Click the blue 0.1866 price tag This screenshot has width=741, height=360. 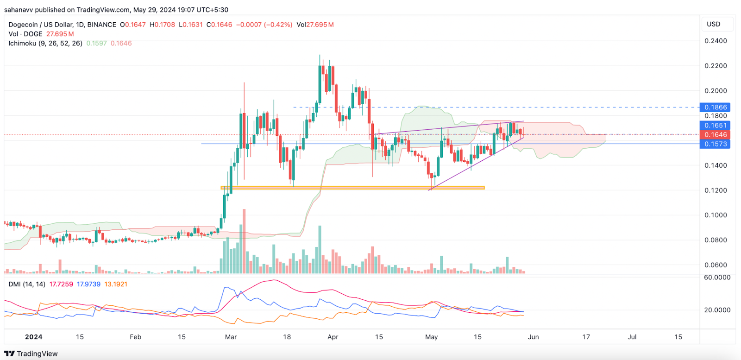[x=716, y=107]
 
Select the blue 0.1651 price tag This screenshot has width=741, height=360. [x=716, y=126]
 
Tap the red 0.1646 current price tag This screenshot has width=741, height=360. [x=716, y=135]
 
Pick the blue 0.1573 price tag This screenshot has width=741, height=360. [x=716, y=144]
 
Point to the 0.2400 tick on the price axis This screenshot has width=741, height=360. [x=716, y=41]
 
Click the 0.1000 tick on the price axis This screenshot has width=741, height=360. [x=716, y=215]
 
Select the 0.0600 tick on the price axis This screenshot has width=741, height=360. [x=716, y=265]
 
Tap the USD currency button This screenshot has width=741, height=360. [x=713, y=24]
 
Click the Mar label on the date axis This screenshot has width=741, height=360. [x=231, y=337]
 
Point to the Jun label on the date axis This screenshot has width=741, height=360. [x=534, y=337]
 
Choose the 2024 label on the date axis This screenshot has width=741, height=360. [x=33, y=337]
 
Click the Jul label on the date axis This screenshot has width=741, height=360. [x=632, y=337]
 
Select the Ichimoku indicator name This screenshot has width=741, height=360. [x=22, y=43]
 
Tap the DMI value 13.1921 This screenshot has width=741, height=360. [x=116, y=284]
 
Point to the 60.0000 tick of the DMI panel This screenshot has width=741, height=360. [x=717, y=278]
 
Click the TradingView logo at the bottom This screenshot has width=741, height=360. [x=31, y=354]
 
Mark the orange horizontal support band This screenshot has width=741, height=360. [x=352, y=188]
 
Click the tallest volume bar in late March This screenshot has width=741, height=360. [x=320, y=250]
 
